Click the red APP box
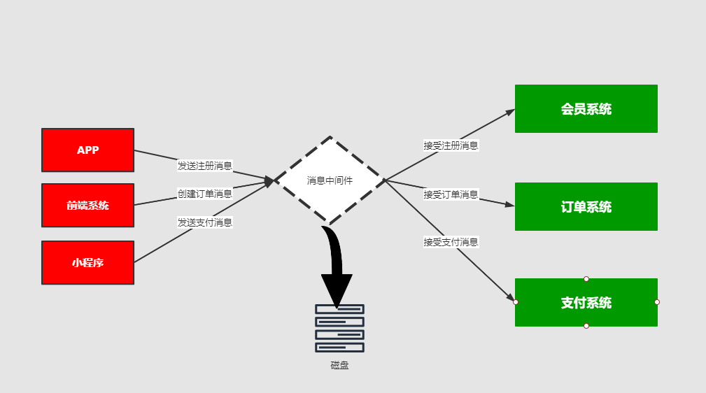tap(87, 150)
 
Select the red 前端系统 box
tap(87, 205)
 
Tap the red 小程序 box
tap(87, 262)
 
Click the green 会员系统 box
tap(586, 108)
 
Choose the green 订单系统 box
tap(586, 206)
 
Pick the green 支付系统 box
tap(586, 302)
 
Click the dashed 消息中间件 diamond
tap(330, 180)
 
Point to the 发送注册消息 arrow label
tap(204, 166)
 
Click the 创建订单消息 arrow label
tap(204, 194)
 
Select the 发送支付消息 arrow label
tap(204, 222)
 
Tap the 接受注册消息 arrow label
tap(451, 145)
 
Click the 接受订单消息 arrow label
tap(451, 194)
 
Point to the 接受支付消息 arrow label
tap(451, 242)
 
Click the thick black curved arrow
tap(335, 266)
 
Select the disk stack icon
tap(339, 328)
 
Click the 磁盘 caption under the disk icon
tap(339, 365)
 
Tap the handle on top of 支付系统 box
tap(586, 278)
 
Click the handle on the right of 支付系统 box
tap(657, 302)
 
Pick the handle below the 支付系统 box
tap(586, 326)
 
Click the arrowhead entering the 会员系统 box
tap(509, 112)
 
